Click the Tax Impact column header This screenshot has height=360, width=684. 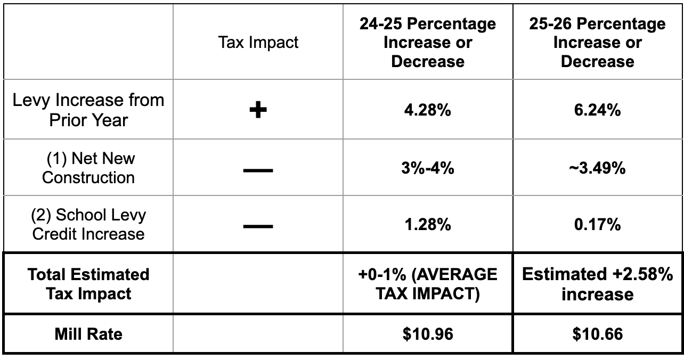[x=258, y=43]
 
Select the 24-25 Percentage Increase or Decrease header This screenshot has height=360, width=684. [x=428, y=43]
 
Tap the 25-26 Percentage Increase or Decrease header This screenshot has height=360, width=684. [x=597, y=43]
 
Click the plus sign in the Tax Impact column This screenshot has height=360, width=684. [x=258, y=110]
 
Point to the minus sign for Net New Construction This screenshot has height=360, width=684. [x=258, y=170]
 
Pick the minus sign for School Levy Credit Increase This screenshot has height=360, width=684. [x=258, y=226]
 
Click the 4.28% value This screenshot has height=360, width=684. [x=428, y=110]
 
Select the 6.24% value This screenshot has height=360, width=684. [x=597, y=110]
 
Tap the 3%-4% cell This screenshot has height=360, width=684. [x=428, y=168]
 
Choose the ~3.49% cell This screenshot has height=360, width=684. [x=597, y=168]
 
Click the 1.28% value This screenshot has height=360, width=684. [x=428, y=224]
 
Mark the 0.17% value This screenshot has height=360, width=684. [x=597, y=224]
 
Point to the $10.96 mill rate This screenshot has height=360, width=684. [x=428, y=334]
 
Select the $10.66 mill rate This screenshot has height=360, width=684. [x=597, y=334]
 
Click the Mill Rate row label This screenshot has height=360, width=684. [x=88, y=334]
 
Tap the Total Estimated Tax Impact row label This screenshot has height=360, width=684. [x=88, y=284]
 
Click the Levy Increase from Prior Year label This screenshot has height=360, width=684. [x=88, y=110]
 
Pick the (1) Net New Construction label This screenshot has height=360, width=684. [x=88, y=168]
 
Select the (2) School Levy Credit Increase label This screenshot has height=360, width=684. [x=88, y=224]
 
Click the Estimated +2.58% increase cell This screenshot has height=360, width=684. [x=597, y=284]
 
